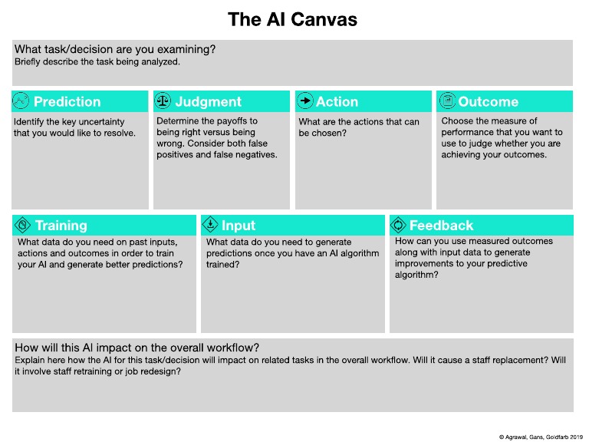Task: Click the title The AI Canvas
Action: coord(293,20)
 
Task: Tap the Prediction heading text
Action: coord(67,101)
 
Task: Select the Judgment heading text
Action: coord(208,101)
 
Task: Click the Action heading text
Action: coord(337,101)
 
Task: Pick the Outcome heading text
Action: coord(488,101)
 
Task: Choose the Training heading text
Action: coord(61,225)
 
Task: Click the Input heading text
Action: coord(239,225)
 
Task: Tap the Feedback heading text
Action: coord(441,225)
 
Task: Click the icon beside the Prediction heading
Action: coord(21,101)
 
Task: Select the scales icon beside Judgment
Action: coord(163,101)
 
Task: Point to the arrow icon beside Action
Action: coord(304,101)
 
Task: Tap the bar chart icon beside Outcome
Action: coord(446,101)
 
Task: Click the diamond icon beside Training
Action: coord(21,225)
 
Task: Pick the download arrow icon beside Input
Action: coord(210,225)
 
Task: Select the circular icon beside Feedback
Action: coord(399,225)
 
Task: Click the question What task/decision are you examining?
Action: coord(114,49)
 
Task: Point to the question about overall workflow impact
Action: coord(137,347)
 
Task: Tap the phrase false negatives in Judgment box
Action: coord(248,154)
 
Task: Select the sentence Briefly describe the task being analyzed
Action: coord(97,61)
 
